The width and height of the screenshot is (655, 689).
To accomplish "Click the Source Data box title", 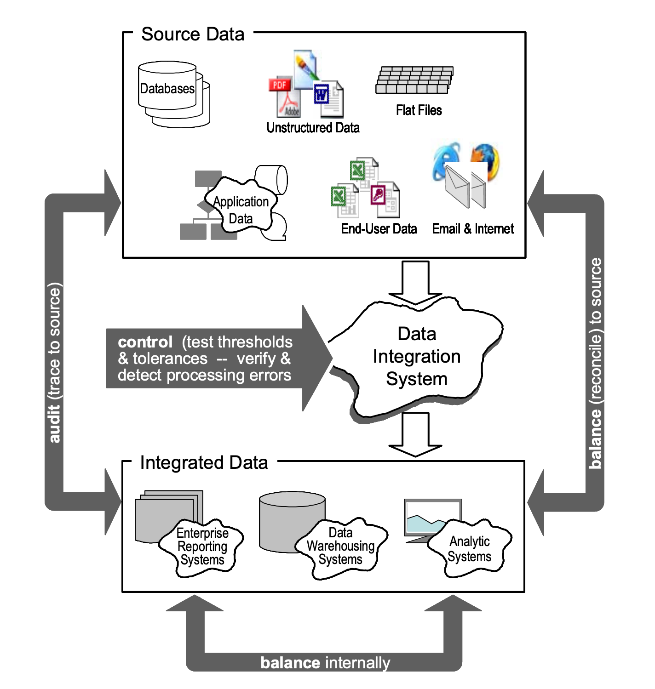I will (193, 34).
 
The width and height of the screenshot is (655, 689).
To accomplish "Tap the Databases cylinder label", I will (167, 89).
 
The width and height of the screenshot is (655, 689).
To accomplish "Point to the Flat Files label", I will (419, 110).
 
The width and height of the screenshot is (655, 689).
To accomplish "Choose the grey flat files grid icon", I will (414, 80).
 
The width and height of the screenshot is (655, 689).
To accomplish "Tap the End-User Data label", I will (379, 228).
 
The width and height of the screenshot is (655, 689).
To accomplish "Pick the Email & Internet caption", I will (473, 228).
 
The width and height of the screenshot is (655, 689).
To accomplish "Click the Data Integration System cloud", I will (416, 356).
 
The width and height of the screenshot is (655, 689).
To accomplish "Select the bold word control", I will (145, 342).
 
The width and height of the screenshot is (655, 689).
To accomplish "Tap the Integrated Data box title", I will (204, 463).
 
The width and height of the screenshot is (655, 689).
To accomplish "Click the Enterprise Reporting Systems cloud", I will (202, 547).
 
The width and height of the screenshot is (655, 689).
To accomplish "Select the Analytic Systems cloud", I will (469, 549).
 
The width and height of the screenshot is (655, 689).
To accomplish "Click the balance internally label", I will (325, 663).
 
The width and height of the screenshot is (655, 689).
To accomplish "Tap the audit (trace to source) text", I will (55, 363).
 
